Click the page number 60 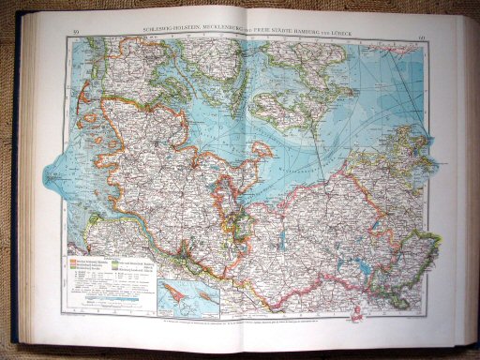(x=423, y=38)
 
